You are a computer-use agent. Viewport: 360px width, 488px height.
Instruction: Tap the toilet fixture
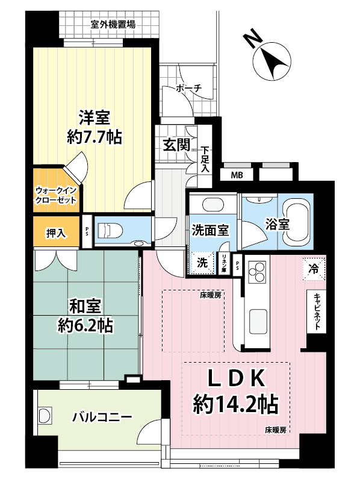point(110,231)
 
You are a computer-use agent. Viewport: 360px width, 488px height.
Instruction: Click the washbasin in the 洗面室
point(213,205)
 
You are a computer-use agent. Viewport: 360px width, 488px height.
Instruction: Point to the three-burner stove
point(257,271)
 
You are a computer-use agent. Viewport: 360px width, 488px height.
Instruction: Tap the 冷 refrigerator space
point(314,269)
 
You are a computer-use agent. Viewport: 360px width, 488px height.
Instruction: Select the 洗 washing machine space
point(202,263)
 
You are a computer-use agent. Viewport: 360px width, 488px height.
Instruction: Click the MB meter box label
point(237,175)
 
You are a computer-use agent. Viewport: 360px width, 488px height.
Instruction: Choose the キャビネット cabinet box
point(317,311)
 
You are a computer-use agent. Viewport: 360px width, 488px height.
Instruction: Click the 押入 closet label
point(56,233)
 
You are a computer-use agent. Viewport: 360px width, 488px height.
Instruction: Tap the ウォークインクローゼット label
point(55,195)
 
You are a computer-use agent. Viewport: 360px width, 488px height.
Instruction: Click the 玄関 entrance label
point(176,145)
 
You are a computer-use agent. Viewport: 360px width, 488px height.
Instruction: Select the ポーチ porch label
point(188,89)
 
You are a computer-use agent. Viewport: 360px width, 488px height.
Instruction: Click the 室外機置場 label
point(113,24)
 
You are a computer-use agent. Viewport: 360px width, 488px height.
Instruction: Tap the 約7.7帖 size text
point(94,137)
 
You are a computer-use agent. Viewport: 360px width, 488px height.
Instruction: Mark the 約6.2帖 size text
point(85,325)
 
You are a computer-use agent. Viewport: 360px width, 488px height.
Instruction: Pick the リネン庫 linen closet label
point(223,264)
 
